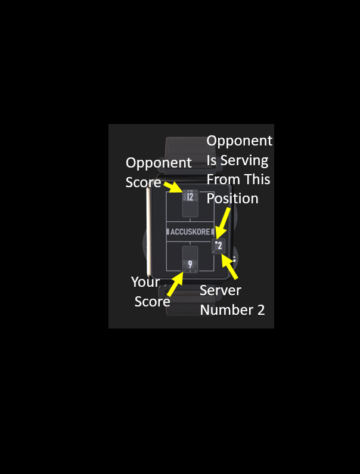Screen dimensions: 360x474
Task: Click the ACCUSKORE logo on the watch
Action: point(190,232)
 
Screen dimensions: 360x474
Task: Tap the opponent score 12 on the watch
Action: point(190,197)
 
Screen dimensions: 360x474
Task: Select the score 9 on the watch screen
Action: point(190,265)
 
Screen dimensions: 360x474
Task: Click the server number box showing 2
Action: point(219,246)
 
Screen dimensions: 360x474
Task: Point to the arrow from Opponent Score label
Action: point(173,187)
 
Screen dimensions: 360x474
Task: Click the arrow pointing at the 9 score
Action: point(175,284)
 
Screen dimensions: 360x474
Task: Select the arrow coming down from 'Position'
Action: point(222,223)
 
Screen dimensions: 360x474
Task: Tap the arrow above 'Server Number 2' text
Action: point(229,267)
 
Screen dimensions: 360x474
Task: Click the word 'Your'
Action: point(145,282)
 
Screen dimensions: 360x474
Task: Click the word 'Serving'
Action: point(244,160)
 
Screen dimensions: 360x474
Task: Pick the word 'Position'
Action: point(232,199)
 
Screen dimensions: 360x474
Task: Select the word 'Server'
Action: point(221,290)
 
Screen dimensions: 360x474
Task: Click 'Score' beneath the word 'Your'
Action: point(153,302)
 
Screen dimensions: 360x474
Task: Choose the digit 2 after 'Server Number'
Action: point(261,310)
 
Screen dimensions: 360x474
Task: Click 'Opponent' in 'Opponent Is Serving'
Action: point(240,141)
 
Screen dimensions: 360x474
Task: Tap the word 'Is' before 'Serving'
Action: point(212,160)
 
